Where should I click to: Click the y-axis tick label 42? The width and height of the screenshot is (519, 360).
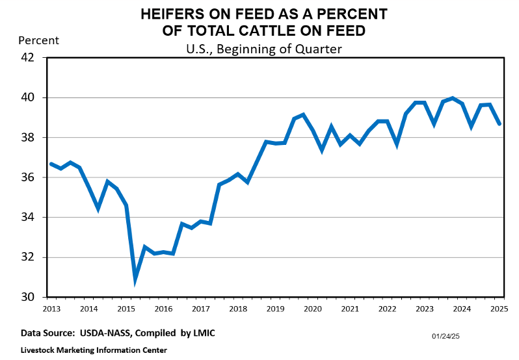(x=27, y=58)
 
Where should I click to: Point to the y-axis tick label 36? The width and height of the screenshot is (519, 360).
(x=27, y=177)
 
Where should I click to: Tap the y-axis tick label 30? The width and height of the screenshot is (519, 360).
(x=27, y=297)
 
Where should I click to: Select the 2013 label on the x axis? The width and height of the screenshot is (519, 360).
(x=51, y=309)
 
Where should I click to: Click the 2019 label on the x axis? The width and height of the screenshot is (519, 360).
(x=275, y=309)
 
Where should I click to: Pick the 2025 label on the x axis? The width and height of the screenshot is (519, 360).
(x=499, y=309)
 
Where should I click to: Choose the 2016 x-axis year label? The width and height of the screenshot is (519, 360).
(x=163, y=309)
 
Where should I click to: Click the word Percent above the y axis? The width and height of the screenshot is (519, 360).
(x=39, y=40)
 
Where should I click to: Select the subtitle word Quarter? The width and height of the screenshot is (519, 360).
(x=319, y=49)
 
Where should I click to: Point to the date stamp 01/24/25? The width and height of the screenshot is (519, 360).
(x=446, y=336)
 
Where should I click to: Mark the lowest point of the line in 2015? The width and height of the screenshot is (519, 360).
(x=135, y=281)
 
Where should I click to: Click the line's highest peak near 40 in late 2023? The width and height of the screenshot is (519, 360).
(x=453, y=98)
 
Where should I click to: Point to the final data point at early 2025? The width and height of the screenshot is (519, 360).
(x=499, y=123)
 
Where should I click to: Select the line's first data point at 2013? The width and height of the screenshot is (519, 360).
(x=51, y=164)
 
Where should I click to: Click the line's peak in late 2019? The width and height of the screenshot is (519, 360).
(x=303, y=115)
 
